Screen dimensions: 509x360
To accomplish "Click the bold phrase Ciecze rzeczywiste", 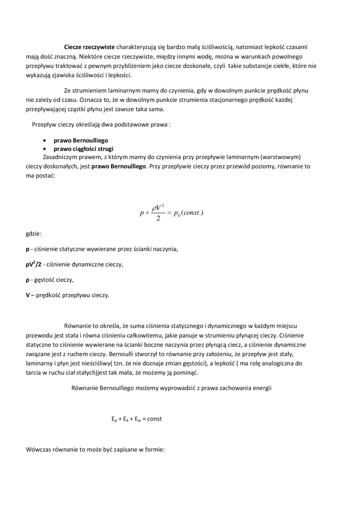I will [90, 47].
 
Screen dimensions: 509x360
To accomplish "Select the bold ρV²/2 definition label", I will [33, 264].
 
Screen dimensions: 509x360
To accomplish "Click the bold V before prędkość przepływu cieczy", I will [27, 295].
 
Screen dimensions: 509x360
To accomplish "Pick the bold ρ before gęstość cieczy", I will [27, 280].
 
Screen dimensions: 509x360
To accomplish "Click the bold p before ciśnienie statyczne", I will [27, 249].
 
